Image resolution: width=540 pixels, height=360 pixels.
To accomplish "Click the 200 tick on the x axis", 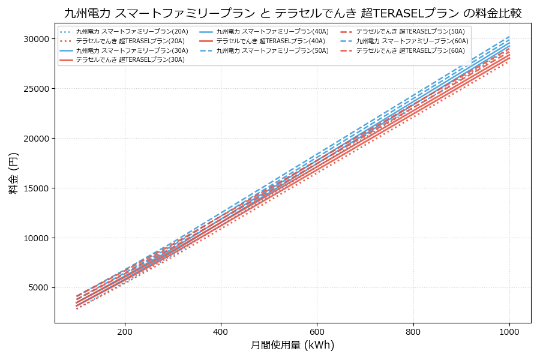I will click(x=125, y=331).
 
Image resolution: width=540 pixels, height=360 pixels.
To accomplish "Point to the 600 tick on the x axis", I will click(x=317, y=331).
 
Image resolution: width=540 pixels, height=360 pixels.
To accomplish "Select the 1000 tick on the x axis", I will click(x=509, y=331).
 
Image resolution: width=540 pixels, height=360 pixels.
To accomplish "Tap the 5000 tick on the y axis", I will click(x=37, y=287).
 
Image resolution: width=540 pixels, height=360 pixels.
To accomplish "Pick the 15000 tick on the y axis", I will click(x=35, y=188).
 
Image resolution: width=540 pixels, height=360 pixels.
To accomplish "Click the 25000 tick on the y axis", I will click(x=35, y=88).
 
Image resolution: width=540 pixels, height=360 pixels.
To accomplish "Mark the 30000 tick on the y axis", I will click(x=35, y=39).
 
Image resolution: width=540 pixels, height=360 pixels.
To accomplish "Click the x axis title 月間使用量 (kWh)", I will click(x=292, y=346).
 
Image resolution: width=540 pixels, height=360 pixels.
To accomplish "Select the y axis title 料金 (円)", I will click(x=13, y=173).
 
